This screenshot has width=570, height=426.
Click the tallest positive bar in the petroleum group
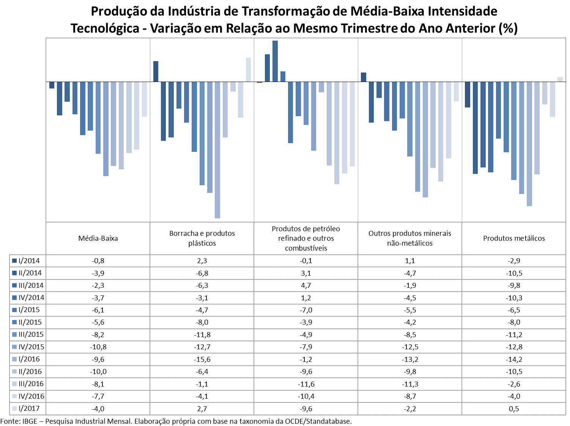[x=275, y=61]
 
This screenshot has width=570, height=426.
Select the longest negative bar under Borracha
[x=217, y=150]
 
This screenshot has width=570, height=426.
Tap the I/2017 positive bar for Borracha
[x=248, y=69]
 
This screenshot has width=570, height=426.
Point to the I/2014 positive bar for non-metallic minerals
[x=364, y=77]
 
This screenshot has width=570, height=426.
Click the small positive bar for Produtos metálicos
[x=560, y=79]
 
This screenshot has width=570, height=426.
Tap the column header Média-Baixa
[x=98, y=238]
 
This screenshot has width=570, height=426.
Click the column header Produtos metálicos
[x=514, y=238]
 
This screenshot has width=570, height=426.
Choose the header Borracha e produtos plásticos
[x=202, y=238]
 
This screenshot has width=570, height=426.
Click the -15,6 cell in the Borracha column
[x=202, y=359]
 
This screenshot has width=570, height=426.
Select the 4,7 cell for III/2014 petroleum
[x=306, y=285]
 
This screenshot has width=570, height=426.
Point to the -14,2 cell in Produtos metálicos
[x=514, y=359]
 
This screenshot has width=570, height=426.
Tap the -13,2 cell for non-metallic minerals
[x=410, y=359]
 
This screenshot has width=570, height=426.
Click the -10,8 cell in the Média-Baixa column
[x=98, y=347]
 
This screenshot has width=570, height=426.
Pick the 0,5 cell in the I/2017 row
[x=514, y=409]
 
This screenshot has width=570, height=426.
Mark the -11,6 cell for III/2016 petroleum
[x=306, y=384]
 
